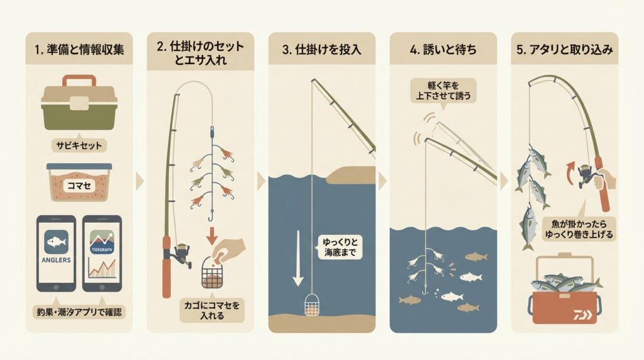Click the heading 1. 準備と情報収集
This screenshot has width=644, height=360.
79,50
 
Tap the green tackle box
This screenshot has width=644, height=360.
79,102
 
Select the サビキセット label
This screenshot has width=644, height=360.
79,145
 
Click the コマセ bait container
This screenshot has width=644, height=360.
79,182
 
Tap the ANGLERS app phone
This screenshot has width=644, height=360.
56,253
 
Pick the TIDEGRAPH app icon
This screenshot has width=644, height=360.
103,243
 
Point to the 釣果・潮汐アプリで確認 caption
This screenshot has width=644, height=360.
79,312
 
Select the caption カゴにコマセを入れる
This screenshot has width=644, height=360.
212,310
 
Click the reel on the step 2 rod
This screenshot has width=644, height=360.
180,254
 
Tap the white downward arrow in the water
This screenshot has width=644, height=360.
297,259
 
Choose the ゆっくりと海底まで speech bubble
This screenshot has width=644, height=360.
340,247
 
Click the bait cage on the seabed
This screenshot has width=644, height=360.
312,305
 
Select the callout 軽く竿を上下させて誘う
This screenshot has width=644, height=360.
443,91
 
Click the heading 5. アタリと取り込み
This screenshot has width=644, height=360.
565,50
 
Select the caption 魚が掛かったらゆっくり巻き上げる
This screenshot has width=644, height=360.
579,229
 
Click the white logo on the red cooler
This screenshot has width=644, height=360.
583,315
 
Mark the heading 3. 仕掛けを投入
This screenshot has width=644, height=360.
322,50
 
